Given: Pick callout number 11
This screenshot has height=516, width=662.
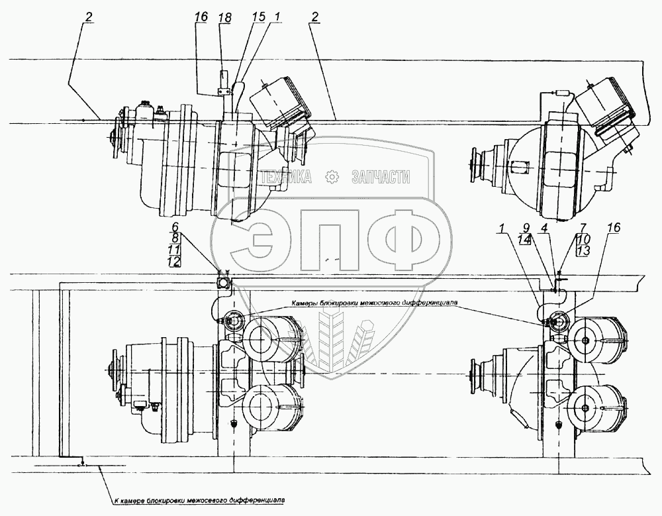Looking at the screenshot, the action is [x=175, y=249].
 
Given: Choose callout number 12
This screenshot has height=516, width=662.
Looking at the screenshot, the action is [x=175, y=261].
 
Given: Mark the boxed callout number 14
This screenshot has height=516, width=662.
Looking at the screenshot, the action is [x=525, y=240].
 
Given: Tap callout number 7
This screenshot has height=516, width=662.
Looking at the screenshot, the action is [x=565, y=227].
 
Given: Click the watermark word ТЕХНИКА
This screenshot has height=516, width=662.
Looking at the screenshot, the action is [x=286, y=177].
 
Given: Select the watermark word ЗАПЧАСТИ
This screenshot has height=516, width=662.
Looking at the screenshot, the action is [x=381, y=177].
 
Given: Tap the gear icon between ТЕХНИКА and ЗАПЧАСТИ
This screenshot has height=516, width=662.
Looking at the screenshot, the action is [x=332, y=177].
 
